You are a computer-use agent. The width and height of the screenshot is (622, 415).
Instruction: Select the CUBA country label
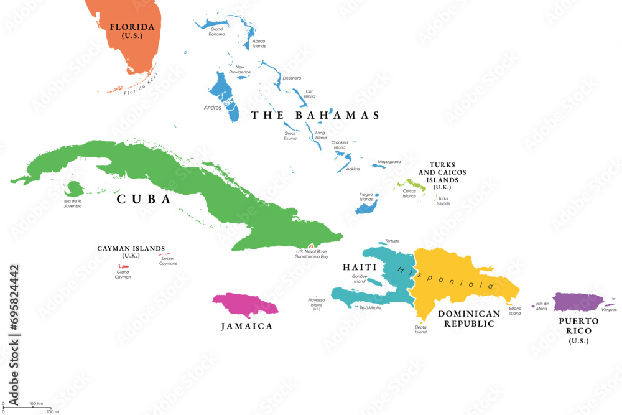click(x=144, y=199)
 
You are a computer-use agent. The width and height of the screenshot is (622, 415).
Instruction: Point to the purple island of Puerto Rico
click(x=577, y=302)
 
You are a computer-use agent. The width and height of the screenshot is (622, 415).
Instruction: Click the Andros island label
click(x=212, y=107)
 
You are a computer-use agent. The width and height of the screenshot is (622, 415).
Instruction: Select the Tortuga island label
click(x=392, y=241)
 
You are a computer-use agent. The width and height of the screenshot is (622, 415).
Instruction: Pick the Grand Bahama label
click(x=216, y=32)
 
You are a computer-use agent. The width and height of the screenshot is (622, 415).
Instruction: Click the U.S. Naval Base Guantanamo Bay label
click(x=311, y=254)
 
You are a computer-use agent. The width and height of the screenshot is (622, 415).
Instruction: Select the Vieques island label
click(x=609, y=309)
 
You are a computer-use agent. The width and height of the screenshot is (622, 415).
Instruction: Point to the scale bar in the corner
click(x=28, y=408)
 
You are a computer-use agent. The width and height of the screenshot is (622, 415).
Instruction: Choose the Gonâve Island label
click(x=360, y=278)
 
